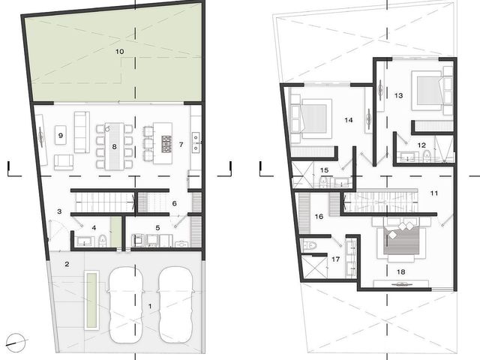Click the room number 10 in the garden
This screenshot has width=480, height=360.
120,52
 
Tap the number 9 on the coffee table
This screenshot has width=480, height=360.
61,135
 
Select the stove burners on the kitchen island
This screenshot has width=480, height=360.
166,144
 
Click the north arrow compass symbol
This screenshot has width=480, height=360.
16,343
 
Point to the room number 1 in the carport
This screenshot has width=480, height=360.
150,306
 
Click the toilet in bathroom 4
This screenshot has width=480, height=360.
103,241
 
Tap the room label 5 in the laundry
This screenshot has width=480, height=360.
157,228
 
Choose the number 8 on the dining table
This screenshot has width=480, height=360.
114,147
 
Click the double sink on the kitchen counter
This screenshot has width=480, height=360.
196,142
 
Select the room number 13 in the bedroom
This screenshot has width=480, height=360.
398,95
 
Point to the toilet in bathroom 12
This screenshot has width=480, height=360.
427,156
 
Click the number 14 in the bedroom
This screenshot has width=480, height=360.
348,120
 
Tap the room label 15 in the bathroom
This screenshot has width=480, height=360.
324,170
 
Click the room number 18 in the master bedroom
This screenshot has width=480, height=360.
401,271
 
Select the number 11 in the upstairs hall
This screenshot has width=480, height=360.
434,193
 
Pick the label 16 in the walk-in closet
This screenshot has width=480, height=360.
319,217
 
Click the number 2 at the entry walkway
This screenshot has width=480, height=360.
67,264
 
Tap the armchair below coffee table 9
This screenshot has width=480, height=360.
64,162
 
